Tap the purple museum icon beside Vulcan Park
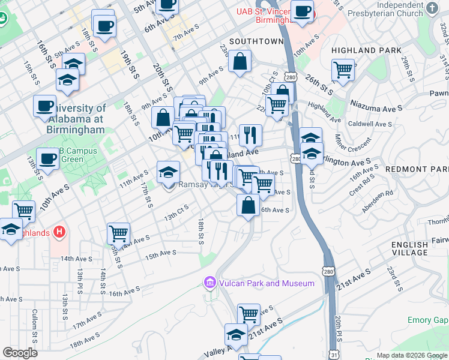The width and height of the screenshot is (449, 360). click(210, 283)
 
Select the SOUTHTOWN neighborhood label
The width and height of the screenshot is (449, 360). click(256, 41)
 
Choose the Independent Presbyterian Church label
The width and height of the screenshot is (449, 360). click(393, 13)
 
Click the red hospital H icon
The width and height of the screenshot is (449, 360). click(59, 231)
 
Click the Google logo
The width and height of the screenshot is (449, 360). click(20, 353)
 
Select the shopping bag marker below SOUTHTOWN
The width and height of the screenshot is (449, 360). click(240, 62)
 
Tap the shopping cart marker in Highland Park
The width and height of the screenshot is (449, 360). click(343, 70)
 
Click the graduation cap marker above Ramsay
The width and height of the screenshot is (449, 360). click(169, 172)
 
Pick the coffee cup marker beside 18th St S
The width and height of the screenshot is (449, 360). click(104, 26)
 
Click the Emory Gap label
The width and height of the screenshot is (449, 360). click(427, 320)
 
